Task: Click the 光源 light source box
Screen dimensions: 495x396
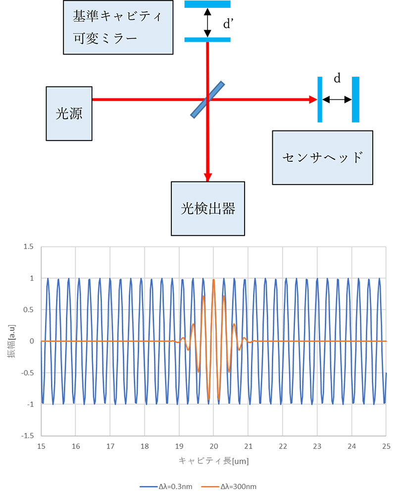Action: [69, 113]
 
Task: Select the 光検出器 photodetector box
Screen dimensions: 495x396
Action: [207, 208]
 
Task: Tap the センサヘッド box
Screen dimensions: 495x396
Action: [322, 158]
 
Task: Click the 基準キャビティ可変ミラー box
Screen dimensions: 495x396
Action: [118, 27]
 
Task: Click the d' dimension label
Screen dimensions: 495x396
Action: [228, 23]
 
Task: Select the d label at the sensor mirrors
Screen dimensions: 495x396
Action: [337, 78]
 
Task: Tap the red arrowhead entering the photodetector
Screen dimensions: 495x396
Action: [208, 177]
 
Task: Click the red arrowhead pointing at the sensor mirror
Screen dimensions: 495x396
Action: [312, 99]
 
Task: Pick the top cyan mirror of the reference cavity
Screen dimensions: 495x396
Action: [207, 4]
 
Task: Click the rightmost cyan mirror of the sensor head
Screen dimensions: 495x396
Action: [355, 99]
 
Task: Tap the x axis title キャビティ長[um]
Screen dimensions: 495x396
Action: [213, 461]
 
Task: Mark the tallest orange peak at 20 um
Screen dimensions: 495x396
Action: [213, 280]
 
